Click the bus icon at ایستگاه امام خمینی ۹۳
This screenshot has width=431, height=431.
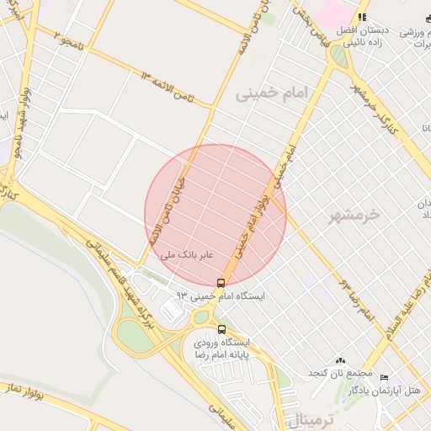[x=221, y=283]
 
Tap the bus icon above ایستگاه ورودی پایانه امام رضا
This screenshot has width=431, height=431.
[x=221, y=329]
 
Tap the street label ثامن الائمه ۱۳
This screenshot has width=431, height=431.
[x=168, y=89]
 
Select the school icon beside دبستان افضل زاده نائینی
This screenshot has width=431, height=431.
[x=362, y=17]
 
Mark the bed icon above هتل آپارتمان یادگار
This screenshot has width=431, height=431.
[x=385, y=376]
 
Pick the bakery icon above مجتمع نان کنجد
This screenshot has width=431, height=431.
[x=340, y=360]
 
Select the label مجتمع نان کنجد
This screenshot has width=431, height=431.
[x=339, y=373]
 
